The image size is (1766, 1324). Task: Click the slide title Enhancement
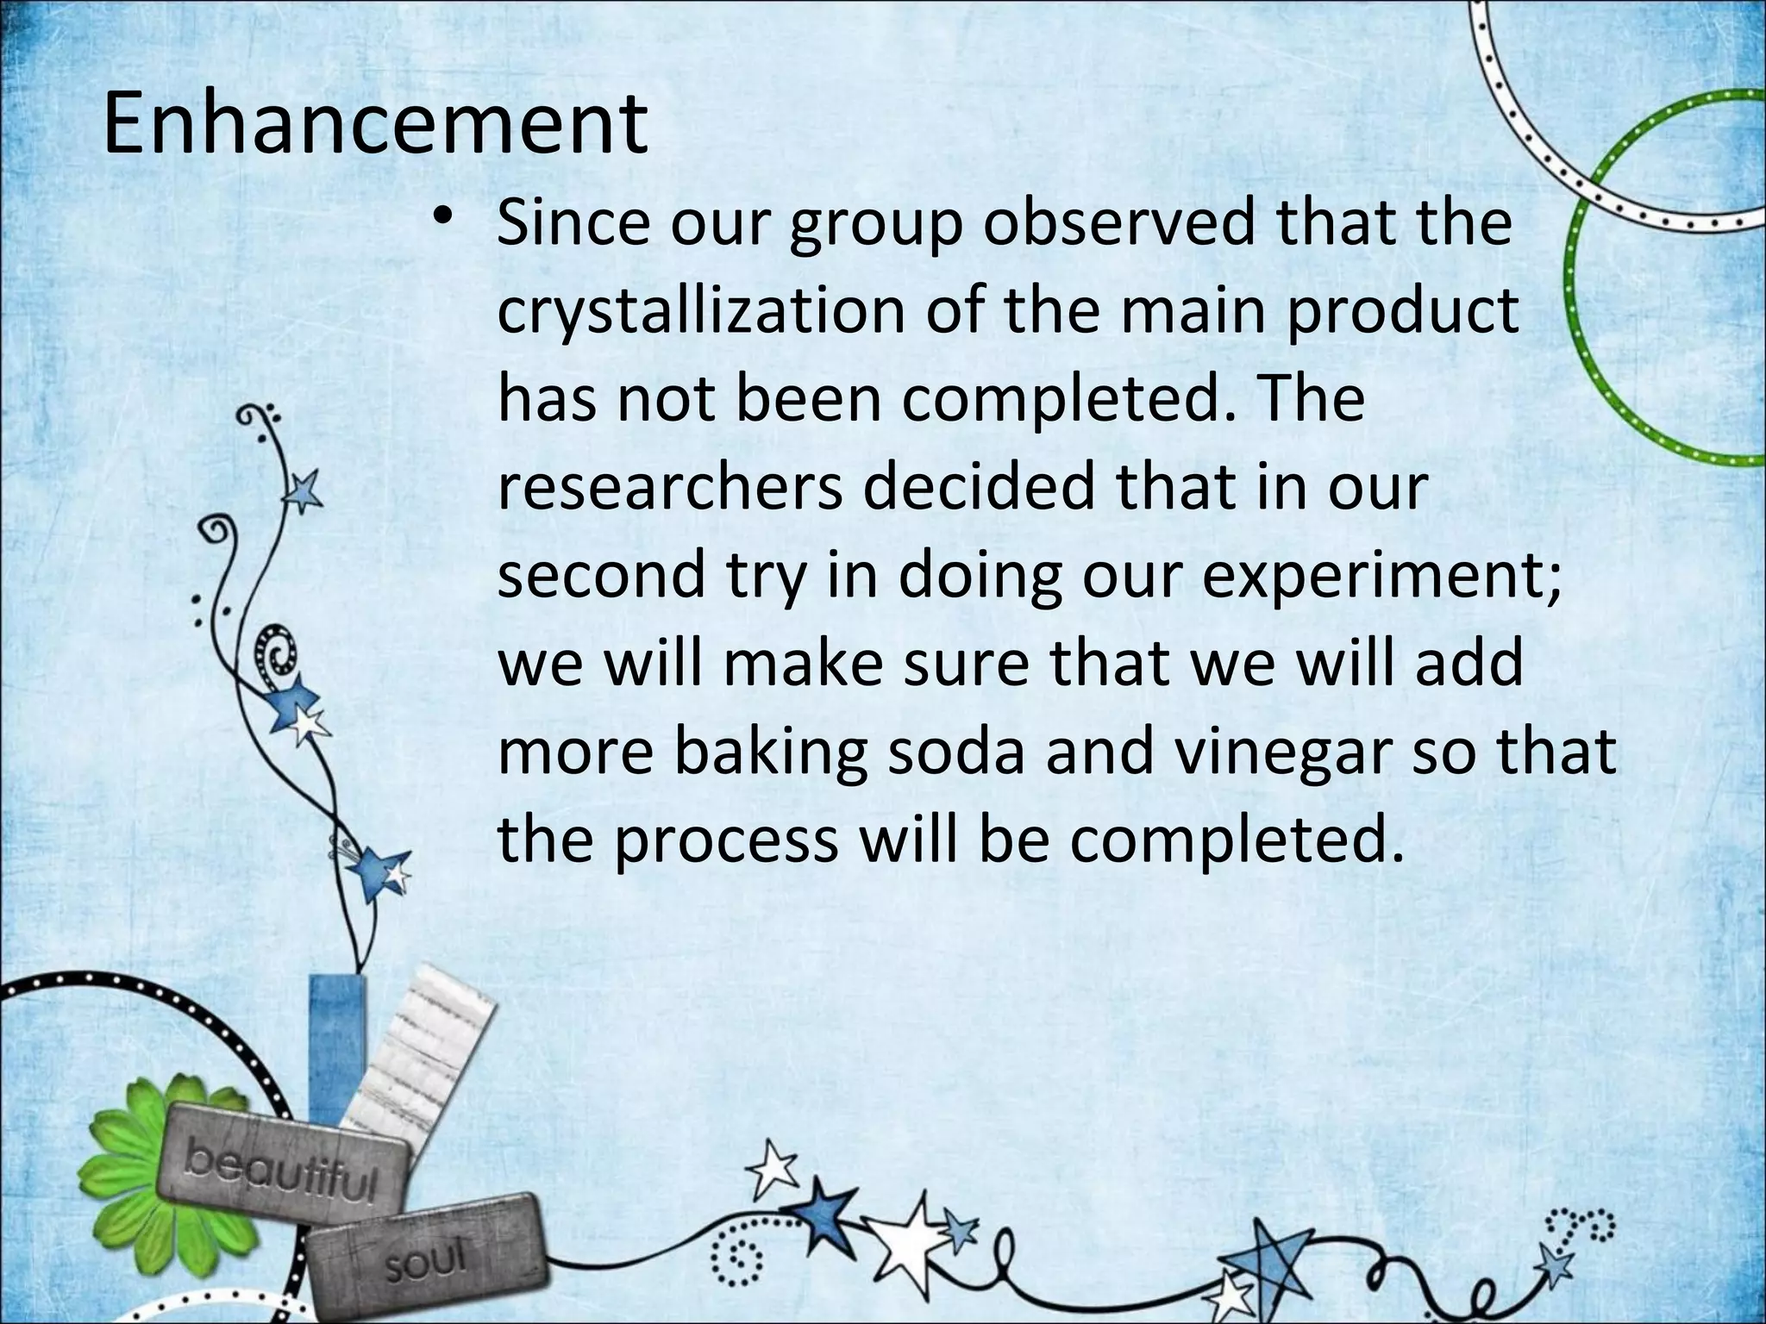coord(375,125)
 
